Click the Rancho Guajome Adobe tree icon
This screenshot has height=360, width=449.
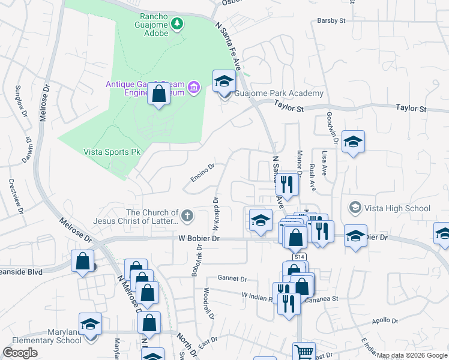[177, 24]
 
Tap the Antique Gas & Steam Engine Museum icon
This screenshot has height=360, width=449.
[194, 88]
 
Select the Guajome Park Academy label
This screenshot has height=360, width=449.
[279, 94]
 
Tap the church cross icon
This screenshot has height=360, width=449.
[187, 215]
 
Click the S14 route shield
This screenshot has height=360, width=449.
[300, 257]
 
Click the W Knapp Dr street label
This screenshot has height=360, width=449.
[214, 214]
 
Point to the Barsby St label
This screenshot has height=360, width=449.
[332, 20]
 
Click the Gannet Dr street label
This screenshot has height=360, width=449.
[232, 279]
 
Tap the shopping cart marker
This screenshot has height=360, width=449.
[304, 352]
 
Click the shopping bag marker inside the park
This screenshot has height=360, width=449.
[159, 95]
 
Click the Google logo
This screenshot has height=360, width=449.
[20, 353]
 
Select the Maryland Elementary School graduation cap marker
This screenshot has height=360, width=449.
[90, 325]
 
